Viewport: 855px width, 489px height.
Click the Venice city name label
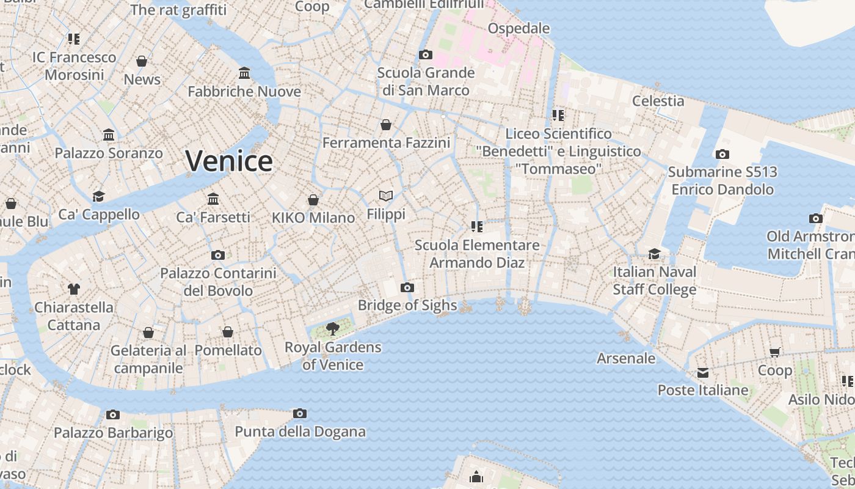(x=229, y=161)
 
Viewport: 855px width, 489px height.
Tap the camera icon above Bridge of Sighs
(x=407, y=288)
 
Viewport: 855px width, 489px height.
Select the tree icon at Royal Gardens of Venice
(x=333, y=329)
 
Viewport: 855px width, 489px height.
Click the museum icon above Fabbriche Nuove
(x=244, y=73)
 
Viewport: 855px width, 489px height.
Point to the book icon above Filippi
(x=385, y=196)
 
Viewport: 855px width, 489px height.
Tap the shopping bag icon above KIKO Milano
(x=313, y=200)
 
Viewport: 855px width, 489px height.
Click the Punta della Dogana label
(x=300, y=432)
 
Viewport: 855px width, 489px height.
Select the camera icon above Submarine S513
(x=722, y=154)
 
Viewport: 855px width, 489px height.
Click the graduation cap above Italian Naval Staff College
(x=654, y=254)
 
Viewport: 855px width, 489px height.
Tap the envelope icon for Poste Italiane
(x=703, y=372)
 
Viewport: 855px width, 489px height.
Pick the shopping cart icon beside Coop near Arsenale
(x=775, y=351)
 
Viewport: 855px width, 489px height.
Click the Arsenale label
(x=626, y=358)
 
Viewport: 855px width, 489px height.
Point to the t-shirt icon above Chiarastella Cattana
(x=74, y=289)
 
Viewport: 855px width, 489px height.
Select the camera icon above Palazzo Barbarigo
(x=113, y=415)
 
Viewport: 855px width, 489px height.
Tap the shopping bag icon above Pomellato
(x=228, y=332)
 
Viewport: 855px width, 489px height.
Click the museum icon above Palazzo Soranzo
(x=109, y=134)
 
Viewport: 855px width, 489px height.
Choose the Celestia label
(x=658, y=101)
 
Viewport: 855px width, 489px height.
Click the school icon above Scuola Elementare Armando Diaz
(x=477, y=227)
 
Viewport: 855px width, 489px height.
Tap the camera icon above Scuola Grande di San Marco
(x=426, y=55)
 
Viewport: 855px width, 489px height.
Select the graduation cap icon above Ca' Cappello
(x=98, y=196)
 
